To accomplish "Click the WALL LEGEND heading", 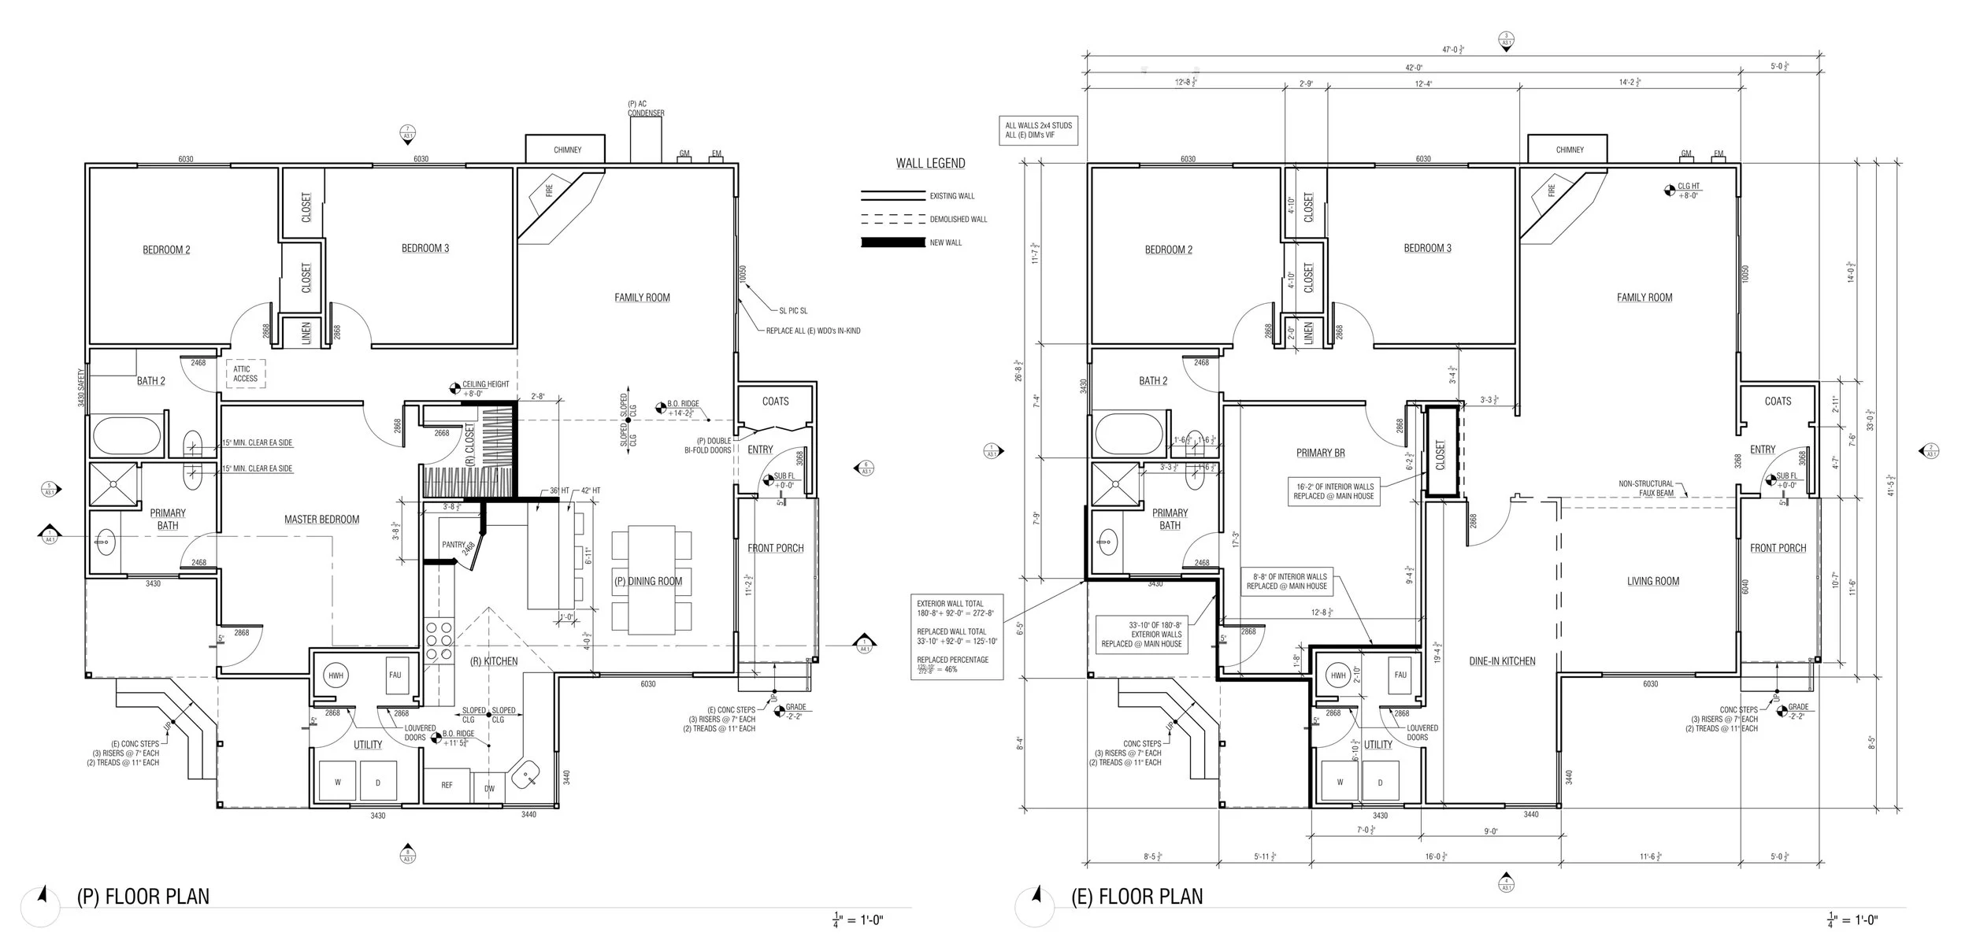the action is [930, 164].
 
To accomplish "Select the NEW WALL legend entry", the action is [945, 242].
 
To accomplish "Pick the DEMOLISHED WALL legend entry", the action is [958, 219].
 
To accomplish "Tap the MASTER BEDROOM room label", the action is [321, 520].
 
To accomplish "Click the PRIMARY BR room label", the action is [1320, 453].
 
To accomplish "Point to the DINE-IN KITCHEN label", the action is [1502, 661].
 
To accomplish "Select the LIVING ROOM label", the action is [1653, 581].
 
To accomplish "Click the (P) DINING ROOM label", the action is [648, 581].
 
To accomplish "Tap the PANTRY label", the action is [453, 544].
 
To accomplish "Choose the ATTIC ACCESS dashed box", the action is [245, 373].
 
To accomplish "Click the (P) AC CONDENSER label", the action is [646, 109].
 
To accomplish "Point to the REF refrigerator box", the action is [447, 785].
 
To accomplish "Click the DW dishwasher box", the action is [489, 788].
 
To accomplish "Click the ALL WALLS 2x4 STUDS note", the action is [1038, 130].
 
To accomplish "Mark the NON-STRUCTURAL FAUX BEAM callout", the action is [1646, 489].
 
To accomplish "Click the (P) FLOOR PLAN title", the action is [143, 897].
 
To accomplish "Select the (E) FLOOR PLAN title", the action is [1137, 897].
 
